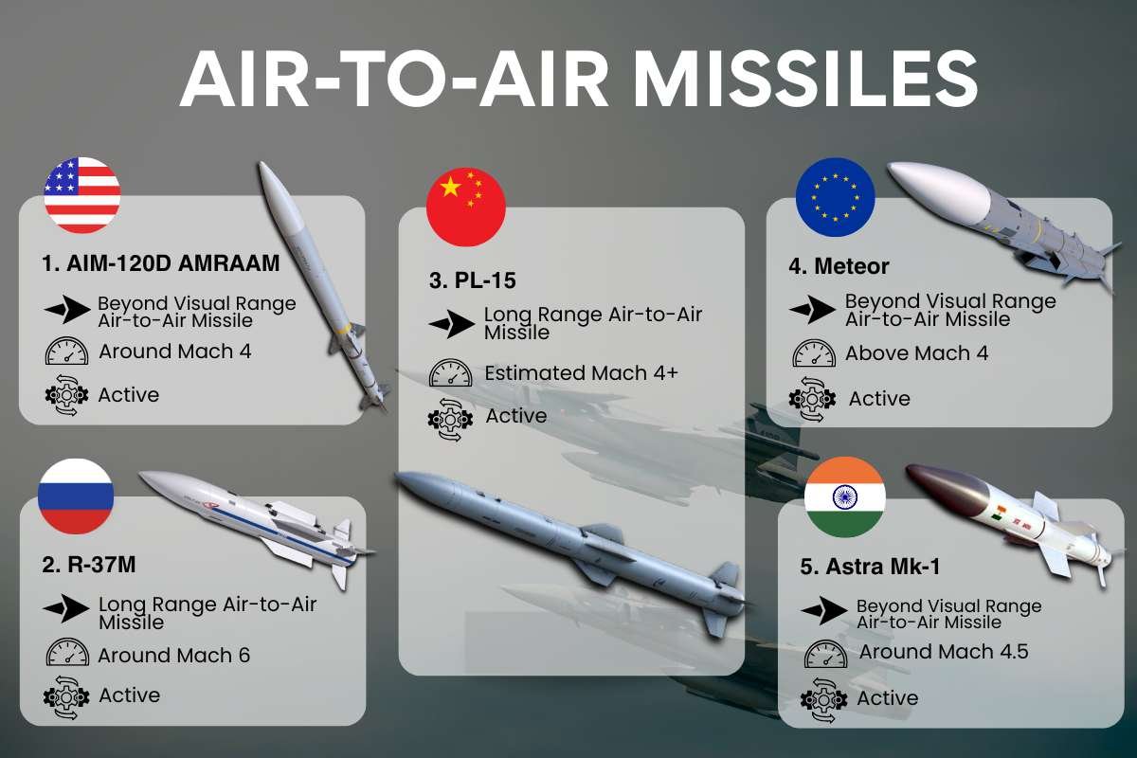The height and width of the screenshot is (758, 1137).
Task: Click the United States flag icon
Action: click(82, 195)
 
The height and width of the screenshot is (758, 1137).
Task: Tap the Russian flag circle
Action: click(76, 496)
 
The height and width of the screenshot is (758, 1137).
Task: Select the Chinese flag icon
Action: click(466, 208)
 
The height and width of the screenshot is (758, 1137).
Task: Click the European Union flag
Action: click(835, 197)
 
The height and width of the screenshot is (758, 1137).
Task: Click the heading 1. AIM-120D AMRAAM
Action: click(161, 263)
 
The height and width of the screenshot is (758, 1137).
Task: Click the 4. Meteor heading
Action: click(839, 266)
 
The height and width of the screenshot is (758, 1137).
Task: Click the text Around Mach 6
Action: click(174, 655)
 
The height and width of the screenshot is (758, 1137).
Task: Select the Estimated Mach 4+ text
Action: click(581, 373)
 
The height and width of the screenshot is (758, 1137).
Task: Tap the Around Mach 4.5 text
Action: click(944, 652)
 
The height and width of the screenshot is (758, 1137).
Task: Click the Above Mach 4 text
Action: click(916, 353)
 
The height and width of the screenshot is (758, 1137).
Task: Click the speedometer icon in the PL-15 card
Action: click(450, 373)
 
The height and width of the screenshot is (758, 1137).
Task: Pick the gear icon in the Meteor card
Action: click(812, 399)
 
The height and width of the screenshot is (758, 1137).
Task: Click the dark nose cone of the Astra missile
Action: click(934, 486)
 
